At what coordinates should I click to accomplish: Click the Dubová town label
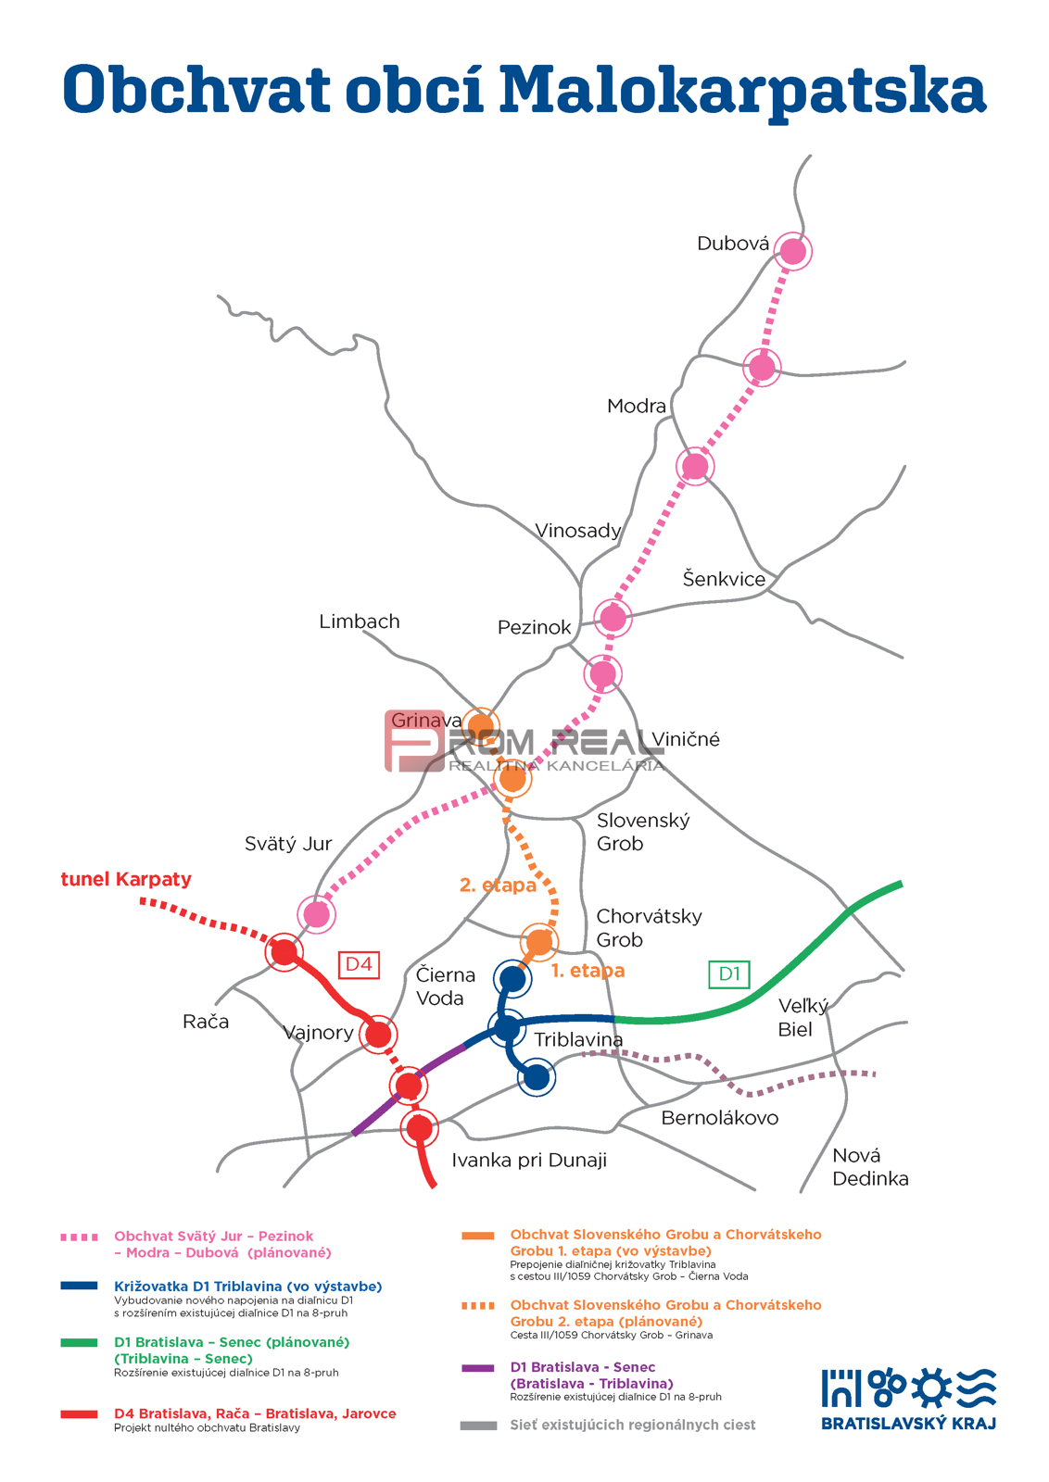pos(733,244)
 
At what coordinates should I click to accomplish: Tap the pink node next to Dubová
pos(792,251)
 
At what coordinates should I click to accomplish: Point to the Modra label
pos(637,406)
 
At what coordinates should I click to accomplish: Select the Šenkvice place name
pos(724,579)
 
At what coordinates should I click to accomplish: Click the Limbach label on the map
pos(360,622)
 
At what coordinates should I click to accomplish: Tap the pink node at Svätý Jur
pos(317,914)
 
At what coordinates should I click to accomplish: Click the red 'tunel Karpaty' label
pos(126,879)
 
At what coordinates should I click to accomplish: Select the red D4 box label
pos(359,964)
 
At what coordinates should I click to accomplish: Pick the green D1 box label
pos(729,973)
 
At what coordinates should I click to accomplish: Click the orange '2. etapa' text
pos(498,885)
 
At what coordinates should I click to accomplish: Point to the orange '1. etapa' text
pos(588,971)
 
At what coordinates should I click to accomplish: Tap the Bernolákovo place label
pos(719,1118)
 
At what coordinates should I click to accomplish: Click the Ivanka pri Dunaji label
pos(529,1161)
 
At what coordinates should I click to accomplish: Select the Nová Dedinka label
pos(869,1167)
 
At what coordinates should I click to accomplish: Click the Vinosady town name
pos(577,531)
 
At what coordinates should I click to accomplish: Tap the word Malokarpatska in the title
pos(742,91)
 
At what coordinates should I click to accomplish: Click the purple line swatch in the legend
pos(478,1368)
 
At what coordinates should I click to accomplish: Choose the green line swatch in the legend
pos(79,1342)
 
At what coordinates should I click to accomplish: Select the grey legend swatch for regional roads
pos(478,1425)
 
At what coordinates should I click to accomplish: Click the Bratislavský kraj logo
pos(908,1399)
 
